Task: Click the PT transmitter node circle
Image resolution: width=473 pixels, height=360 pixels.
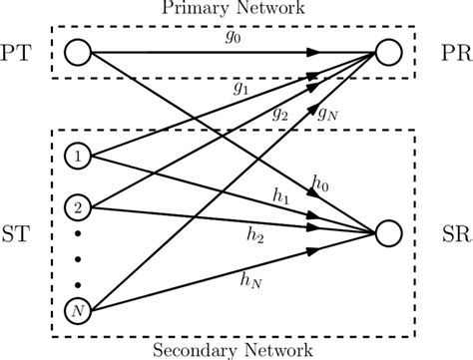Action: point(77,49)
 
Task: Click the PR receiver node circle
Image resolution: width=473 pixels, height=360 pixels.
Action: point(389,49)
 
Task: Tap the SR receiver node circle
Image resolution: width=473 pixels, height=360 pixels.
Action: point(389,233)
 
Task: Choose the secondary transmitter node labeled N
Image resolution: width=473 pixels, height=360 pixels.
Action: point(77,310)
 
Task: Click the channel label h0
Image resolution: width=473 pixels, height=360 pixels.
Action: point(320,182)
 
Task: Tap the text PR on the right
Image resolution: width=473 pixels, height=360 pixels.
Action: point(449,49)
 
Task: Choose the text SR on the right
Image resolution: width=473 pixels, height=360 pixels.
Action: point(449,233)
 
